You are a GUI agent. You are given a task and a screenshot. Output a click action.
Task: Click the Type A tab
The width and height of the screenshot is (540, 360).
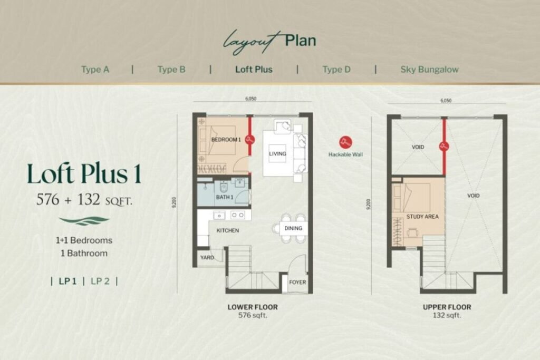pos(95,70)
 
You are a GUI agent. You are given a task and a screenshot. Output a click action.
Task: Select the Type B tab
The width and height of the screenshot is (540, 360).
pos(171,70)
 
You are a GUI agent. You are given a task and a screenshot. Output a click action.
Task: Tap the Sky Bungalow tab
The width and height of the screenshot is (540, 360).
pos(429,70)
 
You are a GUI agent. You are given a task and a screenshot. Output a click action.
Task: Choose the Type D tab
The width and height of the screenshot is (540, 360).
pos(336,70)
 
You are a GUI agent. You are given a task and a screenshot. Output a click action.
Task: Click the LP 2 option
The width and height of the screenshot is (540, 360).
pos(100,281)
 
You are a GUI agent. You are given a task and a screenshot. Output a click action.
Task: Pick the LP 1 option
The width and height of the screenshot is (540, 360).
pos(67,281)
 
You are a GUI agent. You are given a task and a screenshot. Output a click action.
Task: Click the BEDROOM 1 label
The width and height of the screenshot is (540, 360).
pos(226,140)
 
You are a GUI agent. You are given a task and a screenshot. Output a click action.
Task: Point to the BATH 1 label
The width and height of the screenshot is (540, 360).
pos(225,197)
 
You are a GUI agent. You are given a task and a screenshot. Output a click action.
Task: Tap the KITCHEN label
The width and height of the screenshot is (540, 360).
pos(228,230)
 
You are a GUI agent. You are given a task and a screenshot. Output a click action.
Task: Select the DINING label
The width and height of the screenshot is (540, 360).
pos(293,228)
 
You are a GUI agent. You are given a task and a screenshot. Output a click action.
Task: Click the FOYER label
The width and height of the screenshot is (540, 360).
pos(297,282)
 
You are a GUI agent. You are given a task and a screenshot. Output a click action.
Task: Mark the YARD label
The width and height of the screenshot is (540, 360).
pos(207,257)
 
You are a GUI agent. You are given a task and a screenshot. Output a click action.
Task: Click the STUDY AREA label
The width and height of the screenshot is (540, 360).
pos(422,217)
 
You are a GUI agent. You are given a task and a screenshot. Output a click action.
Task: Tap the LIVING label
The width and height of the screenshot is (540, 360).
pos(277,154)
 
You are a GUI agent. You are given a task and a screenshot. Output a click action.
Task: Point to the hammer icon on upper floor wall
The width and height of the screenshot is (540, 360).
pos(444,146)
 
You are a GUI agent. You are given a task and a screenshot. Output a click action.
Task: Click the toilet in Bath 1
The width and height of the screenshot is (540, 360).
pos(224,187)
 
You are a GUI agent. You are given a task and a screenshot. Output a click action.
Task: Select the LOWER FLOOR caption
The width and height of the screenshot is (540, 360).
pos(253,307)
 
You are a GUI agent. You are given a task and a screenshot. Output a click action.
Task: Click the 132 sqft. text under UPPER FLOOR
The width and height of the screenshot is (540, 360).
pos(447,315)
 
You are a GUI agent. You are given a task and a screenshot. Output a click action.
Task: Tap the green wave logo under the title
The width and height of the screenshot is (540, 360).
pos(84,221)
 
